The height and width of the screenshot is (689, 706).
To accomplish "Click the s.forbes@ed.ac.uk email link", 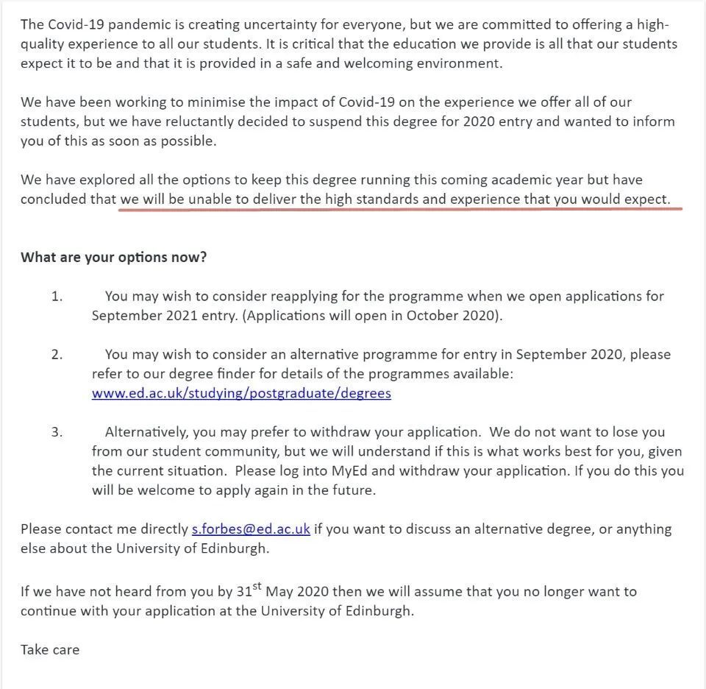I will click(x=251, y=529).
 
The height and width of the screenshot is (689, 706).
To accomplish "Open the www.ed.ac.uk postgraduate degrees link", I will click(x=241, y=393).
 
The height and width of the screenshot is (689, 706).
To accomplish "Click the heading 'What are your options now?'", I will click(x=114, y=257).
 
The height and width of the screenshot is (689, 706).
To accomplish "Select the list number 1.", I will click(x=57, y=296).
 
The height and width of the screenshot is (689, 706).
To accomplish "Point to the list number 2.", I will click(x=57, y=354).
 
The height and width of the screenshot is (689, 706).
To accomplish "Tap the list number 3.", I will click(x=57, y=431).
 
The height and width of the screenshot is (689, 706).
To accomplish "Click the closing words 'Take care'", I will click(x=50, y=649).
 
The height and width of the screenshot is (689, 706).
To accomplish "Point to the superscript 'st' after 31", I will click(x=257, y=587).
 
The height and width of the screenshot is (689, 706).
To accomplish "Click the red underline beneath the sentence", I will click(x=401, y=209).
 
